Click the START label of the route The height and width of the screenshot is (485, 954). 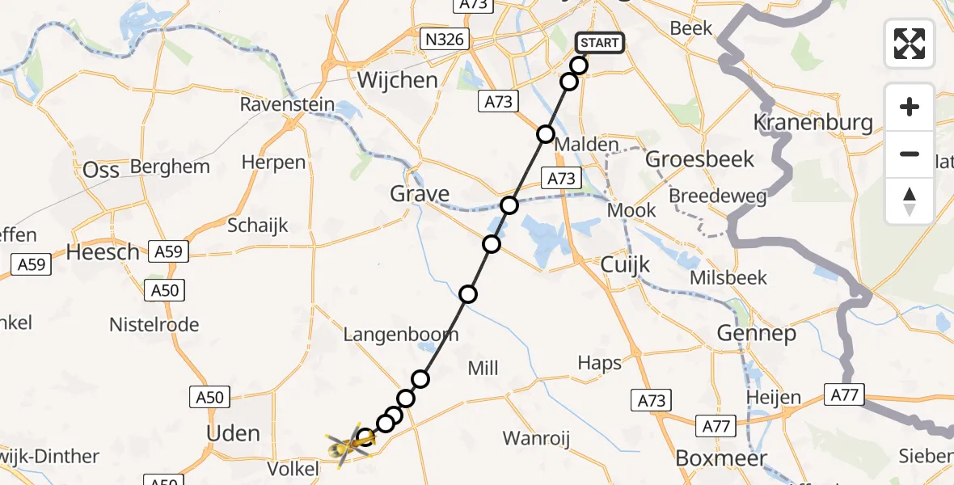(x=599, y=43)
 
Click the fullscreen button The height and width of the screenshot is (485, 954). (x=910, y=44)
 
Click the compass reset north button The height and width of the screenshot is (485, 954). (x=910, y=201)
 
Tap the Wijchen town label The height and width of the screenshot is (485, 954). (x=397, y=80)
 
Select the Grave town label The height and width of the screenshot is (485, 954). (x=420, y=194)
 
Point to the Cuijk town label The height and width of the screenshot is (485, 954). (x=625, y=264)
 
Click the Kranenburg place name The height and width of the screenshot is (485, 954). (x=813, y=123)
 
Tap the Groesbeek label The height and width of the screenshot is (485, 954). (x=700, y=159)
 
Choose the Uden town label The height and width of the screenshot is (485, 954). (x=233, y=433)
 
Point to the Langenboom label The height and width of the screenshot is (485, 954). (x=401, y=334)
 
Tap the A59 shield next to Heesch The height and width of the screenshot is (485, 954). (x=168, y=251)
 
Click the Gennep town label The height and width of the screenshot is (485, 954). (x=756, y=333)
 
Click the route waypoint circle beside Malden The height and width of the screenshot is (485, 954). (x=546, y=134)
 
